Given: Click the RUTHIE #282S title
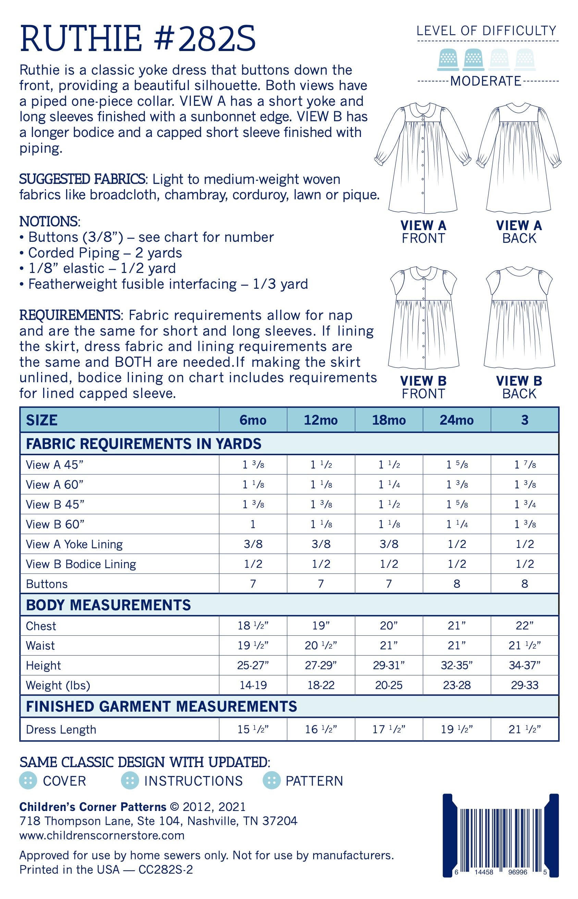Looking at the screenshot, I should pos(137,39).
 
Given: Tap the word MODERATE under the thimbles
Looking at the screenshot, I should pos(486,81).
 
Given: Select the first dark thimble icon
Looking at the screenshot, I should pos(448,59).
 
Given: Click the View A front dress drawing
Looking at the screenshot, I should pos(423,158).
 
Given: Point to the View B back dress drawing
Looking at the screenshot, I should pos(519,317).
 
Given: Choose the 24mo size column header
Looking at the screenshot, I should pos(456,420).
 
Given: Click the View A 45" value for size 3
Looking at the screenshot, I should pos(525,465).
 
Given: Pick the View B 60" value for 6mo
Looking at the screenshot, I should pos(253,524).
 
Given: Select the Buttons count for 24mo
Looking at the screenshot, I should pos(456,584).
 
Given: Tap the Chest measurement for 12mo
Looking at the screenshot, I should pos(321,626).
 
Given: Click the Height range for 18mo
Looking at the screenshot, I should pos(389,665).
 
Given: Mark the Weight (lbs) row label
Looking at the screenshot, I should pos(58,685).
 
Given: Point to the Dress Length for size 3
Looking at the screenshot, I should pos(525,729).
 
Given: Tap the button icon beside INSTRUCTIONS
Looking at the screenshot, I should pos(130,781).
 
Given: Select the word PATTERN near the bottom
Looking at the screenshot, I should pos(314,781).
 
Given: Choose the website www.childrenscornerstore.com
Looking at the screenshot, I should pos(102,835).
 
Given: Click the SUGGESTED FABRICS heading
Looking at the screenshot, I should pos(82,179).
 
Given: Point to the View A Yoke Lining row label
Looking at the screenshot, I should pos(74,544).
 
